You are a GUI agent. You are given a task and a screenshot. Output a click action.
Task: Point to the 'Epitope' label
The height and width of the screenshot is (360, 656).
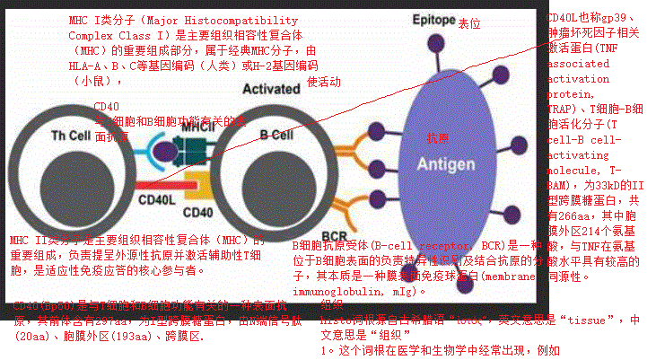point(429,20)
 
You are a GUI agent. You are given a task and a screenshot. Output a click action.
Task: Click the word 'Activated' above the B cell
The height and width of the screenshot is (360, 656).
point(270,89)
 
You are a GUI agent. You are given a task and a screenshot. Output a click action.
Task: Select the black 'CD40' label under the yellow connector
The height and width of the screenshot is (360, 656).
point(197,213)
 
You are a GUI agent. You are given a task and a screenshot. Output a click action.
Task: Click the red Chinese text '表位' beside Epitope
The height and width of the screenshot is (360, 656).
point(468,22)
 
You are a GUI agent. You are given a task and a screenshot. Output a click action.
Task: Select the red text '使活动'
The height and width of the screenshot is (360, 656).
point(324,82)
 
